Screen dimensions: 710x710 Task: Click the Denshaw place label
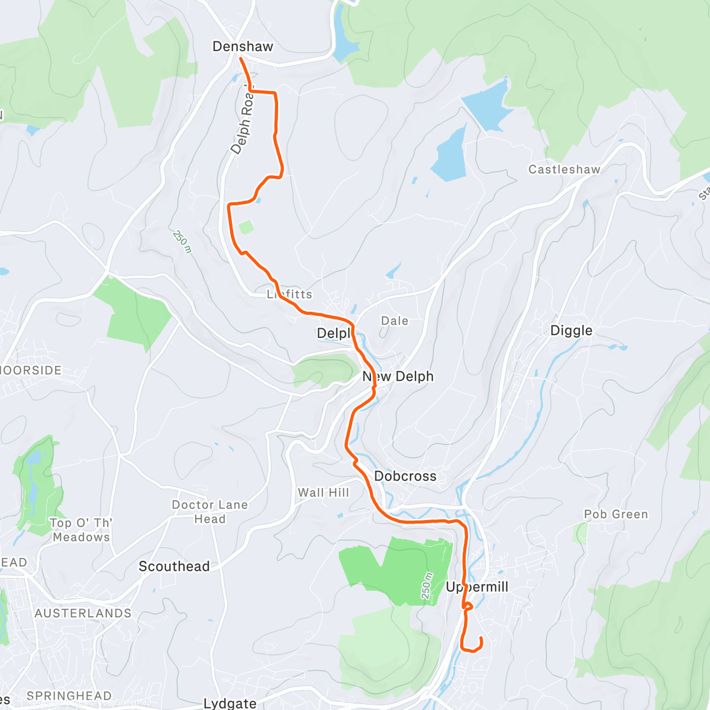(243, 47)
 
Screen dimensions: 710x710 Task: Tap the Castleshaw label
(564, 170)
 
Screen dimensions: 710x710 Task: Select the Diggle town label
(571, 331)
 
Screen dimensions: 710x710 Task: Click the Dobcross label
(405, 476)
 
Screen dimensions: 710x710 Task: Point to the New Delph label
(398, 377)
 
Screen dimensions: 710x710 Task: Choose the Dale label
(394, 321)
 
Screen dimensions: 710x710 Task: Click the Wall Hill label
(323, 493)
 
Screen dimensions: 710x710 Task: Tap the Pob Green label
(616, 515)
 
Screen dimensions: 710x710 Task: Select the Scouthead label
(174, 567)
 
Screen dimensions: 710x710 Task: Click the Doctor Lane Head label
(209, 512)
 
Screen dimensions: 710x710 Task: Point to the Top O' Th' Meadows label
(81, 530)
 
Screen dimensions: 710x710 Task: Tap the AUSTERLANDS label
(83, 614)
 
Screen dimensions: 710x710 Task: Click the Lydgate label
(230, 703)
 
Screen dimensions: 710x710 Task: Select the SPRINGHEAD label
(69, 696)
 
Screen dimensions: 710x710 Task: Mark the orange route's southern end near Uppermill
(481, 638)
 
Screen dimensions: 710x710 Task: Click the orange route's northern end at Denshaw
(240, 58)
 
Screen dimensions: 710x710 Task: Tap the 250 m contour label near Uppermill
(428, 586)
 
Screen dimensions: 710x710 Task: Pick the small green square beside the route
(246, 227)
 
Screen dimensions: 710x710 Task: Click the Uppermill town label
(477, 587)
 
